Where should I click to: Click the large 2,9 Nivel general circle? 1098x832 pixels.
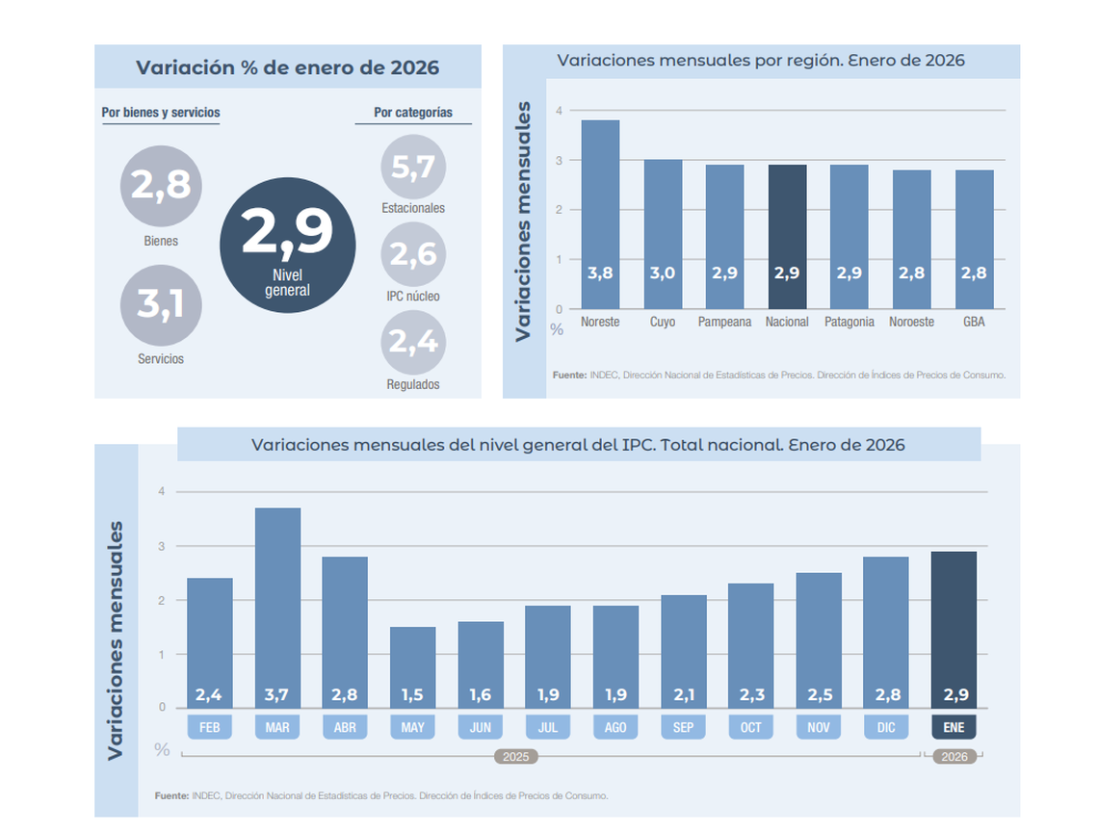[287, 245]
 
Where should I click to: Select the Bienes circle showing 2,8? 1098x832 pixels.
[161, 186]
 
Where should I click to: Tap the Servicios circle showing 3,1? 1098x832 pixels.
[161, 304]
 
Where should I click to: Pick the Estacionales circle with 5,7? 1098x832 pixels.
[413, 168]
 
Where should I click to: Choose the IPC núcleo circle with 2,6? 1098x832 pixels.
[413, 254]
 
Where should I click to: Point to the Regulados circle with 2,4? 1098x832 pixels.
[413, 341]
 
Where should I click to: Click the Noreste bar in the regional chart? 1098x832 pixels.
[600, 214]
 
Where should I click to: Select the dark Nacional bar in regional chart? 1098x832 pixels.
[787, 236]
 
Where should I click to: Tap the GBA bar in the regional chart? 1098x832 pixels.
[974, 239]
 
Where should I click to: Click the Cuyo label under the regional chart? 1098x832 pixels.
[663, 322]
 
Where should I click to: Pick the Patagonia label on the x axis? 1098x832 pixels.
[850, 322]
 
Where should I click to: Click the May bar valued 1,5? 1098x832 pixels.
[412, 666]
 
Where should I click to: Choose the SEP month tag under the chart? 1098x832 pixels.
[683, 727]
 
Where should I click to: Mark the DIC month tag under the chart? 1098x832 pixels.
[886, 727]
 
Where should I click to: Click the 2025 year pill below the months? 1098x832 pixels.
[515, 757]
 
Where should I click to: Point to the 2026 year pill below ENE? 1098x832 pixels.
[954, 757]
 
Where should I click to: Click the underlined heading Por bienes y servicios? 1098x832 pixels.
[161, 113]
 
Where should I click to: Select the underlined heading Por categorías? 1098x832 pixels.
[413, 113]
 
